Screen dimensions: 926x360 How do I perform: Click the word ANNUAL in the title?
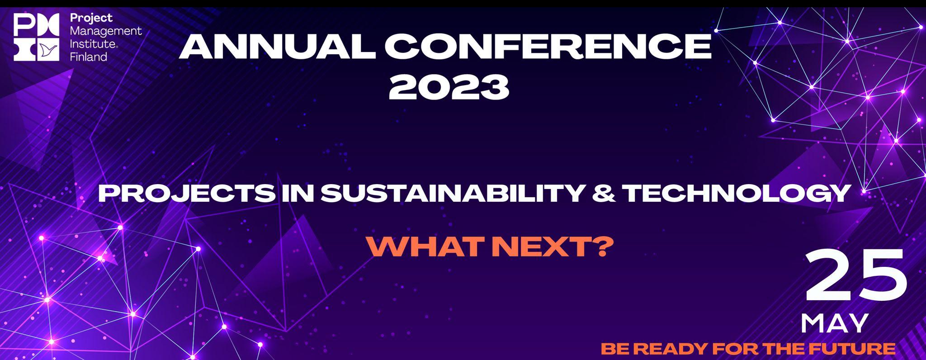(x=277, y=47)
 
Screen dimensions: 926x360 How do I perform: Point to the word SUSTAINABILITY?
(x=452, y=194)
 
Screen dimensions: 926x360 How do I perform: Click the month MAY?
(x=835, y=323)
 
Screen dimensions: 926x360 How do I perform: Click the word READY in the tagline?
(x=673, y=349)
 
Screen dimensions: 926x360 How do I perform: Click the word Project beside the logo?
(x=91, y=19)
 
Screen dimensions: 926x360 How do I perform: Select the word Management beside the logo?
(x=106, y=32)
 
